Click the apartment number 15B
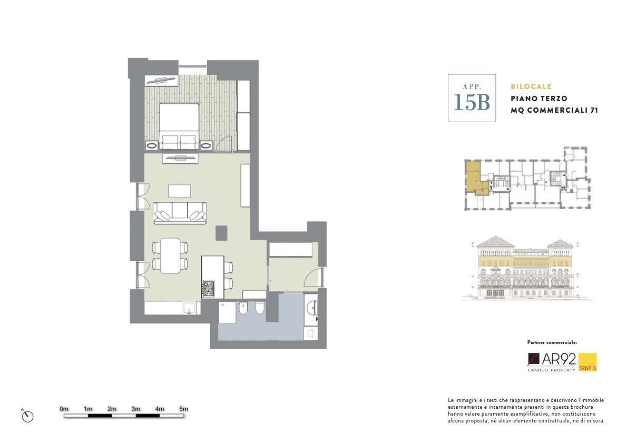coord(472,102)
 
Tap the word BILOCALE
coord(531,86)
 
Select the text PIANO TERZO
coord(538,99)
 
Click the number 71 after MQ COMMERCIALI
coord(594,110)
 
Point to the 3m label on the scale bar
coord(135,409)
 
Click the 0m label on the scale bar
coord(64,409)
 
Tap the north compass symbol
coord(27,416)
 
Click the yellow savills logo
coord(587,362)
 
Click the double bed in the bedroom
coord(179,126)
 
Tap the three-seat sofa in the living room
coord(180,213)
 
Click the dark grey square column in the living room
coord(221,233)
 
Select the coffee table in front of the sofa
coord(180,191)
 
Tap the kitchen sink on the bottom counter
coord(188,308)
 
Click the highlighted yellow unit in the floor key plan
coord(476,178)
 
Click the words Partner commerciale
coord(552,342)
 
